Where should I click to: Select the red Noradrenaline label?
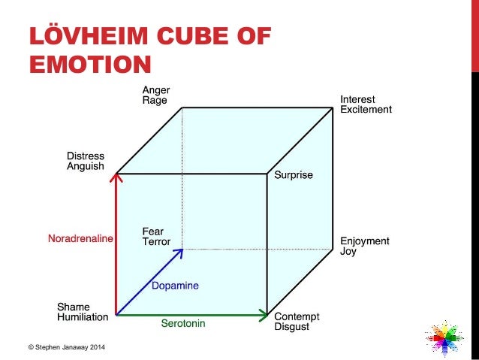[80, 239]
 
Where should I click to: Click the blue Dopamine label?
[175, 286]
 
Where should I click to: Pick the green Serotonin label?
[183, 324]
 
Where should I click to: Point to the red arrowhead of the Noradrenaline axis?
[116, 178]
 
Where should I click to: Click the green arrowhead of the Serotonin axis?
[264, 313]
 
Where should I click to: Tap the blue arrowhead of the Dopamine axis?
[179, 253]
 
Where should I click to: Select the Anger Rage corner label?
[155, 96]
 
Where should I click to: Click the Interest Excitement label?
[366, 104]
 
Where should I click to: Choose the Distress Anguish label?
[86, 162]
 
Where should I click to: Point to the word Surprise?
[293, 175]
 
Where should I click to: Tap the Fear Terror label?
[156, 237]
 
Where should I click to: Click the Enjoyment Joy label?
[365, 247]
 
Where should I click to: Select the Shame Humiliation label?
[83, 312]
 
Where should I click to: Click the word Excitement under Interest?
[366, 110]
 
